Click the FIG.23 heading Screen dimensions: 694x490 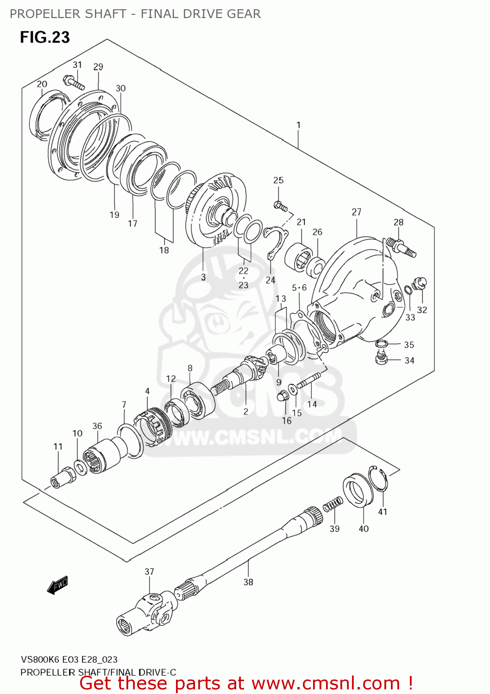(x=44, y=37)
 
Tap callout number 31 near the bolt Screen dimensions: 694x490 (x=77, y=65)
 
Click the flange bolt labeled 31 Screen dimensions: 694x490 (x=74, y=83)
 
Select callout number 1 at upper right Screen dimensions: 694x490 (x=299, y=125)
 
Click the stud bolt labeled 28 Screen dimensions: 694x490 (x=400, y=246)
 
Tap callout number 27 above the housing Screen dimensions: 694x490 (x=356, y=212)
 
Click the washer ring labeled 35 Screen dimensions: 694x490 (x=381, y=343)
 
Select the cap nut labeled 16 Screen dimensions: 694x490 (x=282, y=396)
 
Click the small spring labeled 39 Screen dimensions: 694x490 (x=333, y=505)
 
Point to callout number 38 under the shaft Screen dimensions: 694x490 (x=248, y=582)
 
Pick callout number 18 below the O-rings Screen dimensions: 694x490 (x=164, y=250)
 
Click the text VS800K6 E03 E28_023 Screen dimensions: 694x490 (x=69, y=659)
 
